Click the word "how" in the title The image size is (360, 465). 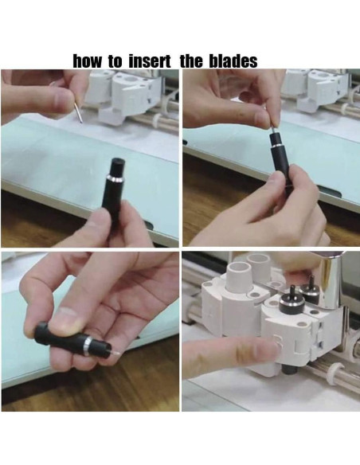pyautogui.click(x=88, y=61)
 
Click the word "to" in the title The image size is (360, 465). pyautogui.click(x=116, y=61)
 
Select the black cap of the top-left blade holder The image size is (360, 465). pyautogui.click(x=117, y=166)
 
